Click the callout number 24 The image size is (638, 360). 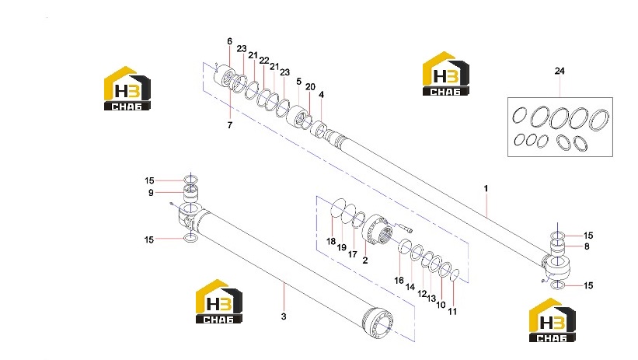tap(560, 71)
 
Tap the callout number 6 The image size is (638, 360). tap(229, 41)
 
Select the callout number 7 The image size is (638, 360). tap(230, 125)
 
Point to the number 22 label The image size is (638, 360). tap(264, 61)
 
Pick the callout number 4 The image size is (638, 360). tap(322, 95)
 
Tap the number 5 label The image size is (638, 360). tap(298, 82)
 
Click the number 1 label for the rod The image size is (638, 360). tap(486, 188)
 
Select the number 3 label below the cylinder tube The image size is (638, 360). tap(284, 316)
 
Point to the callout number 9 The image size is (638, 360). tap(151, 193)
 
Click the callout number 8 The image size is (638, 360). tap(587, 246)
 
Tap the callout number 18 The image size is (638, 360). tap(331, 241)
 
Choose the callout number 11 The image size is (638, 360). tap(452, 312)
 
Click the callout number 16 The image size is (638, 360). tap(399, 280)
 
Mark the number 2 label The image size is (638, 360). tap(365, 260)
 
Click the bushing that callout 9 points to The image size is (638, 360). tap(191, 193)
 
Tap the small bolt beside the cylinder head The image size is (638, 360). tap(403, 227)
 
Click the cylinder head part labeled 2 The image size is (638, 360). tap(377, 231)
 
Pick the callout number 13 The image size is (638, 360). tap(431, 299)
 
